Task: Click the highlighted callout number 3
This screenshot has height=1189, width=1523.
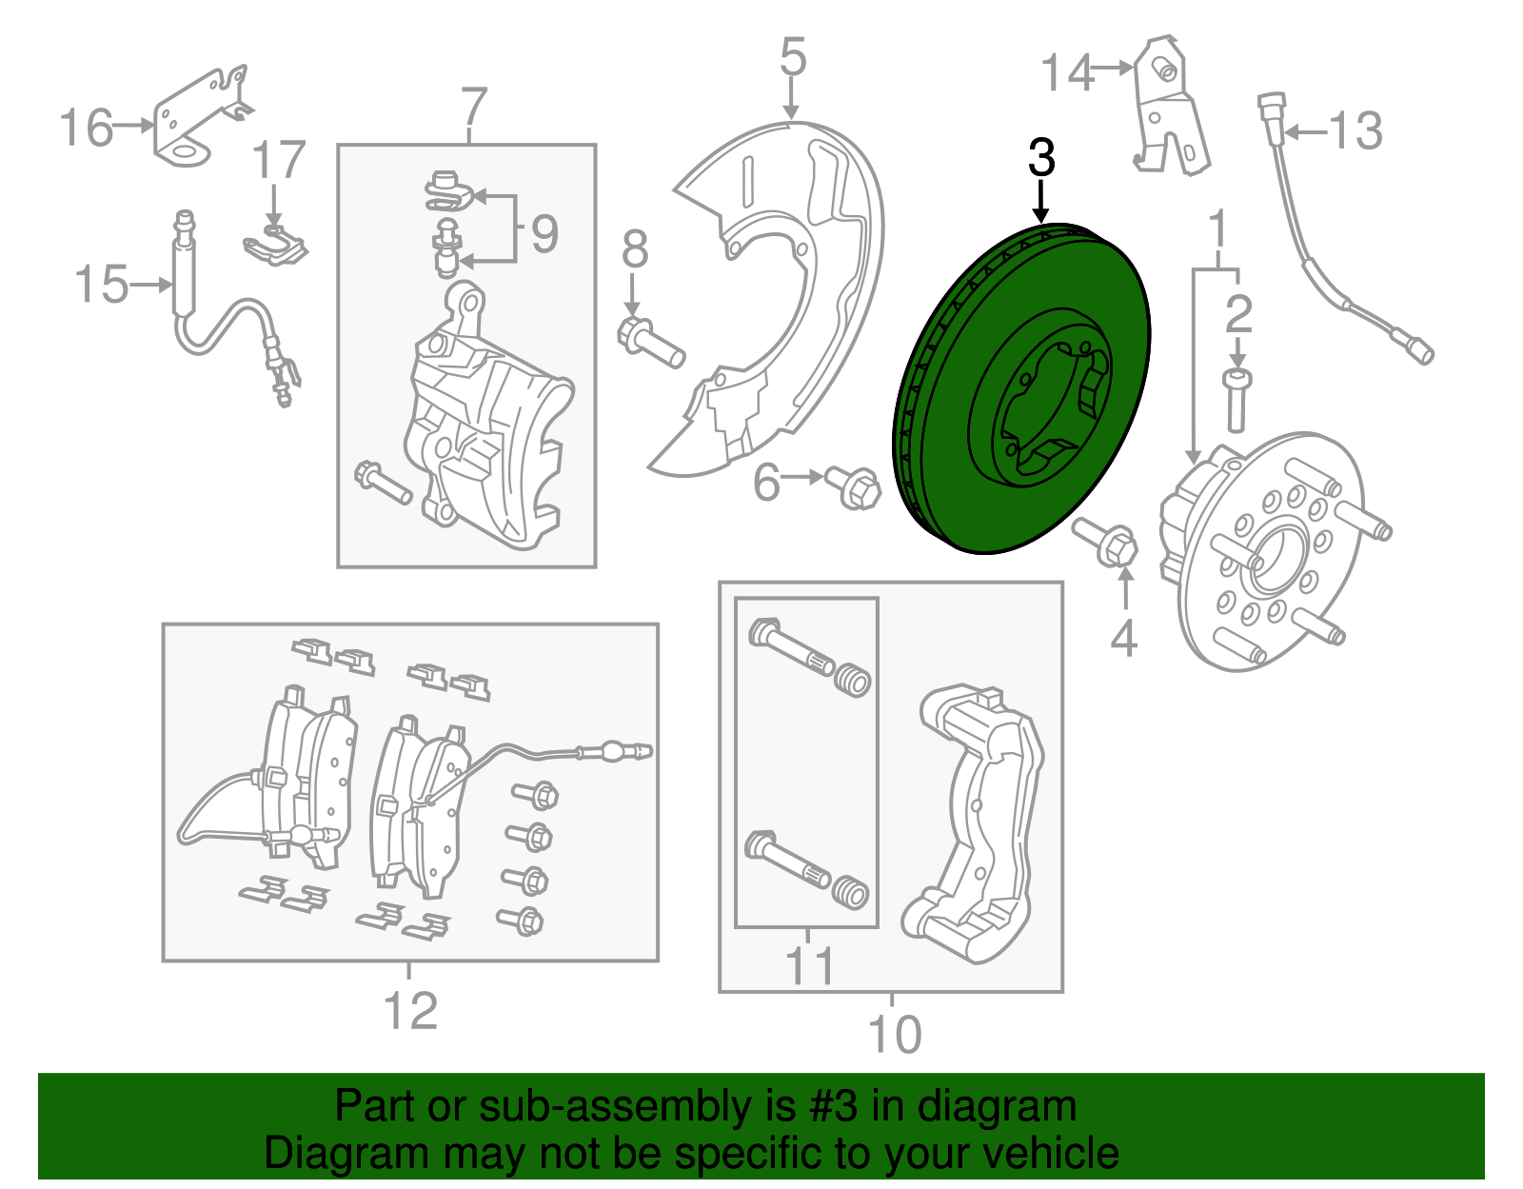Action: (x=1041, y=157)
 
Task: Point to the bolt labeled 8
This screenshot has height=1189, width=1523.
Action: (x=651, y=344)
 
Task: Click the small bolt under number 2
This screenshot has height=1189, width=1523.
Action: (x=1236, y=400)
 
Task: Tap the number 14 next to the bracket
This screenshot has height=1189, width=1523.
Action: (x=1066, y=72)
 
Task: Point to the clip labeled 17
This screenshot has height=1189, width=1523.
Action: (x=275, y=248)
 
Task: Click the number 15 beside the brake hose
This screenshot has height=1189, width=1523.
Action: (x=101, y=285)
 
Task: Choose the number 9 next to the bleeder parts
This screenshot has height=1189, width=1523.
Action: (x=544, y=233)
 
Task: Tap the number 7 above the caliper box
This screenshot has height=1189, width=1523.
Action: (x=473, y=108)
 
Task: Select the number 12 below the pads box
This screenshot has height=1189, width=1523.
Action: (x=410, y=1011)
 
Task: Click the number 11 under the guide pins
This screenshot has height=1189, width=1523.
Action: (x=809, y=966)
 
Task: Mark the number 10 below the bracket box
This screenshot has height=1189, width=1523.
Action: (x=894, y=1034)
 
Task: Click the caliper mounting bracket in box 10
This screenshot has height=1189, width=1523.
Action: (x=980, y=819)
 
